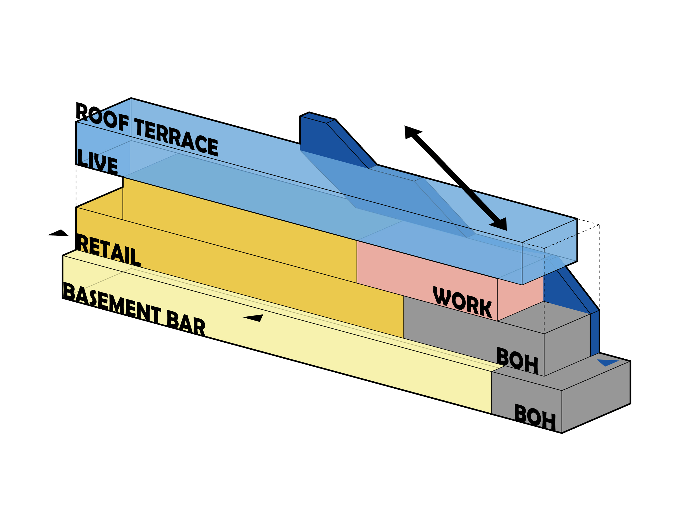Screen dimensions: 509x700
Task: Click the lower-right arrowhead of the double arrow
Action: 498,224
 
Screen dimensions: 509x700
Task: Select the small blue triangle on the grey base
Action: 607,362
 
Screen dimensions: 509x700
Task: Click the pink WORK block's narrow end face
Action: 520,298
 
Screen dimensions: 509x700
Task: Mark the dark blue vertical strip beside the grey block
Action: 595,333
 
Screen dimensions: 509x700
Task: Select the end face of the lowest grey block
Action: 596,398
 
